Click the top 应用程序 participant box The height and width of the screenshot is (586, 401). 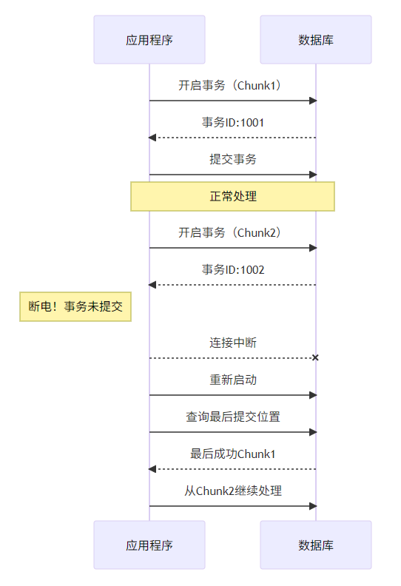pyautogui.click(x=149, y=39)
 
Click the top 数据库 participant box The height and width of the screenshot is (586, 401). pyautogui.click(x=316, y=39)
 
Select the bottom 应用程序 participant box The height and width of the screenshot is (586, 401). pyautogui.click(x=149, y=545)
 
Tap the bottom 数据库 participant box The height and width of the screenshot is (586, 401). pyautogui.click(x=316, y=545)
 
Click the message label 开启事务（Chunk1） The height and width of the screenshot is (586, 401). pyautogui.click(x=233, y=85)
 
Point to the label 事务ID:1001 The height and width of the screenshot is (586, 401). pyautogui.click(x=233, y=122)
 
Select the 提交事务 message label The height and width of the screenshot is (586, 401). pyautogui.click(x=233, y=159)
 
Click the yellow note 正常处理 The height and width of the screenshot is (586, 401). pyautogui.click(x=233, y=196)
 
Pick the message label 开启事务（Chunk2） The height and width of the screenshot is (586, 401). pyautogui.click(x=233, y=232)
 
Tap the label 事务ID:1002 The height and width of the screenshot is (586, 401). pyautogui.click(x=233, y=269)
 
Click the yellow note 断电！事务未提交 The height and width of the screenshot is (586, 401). pyautogui.click(x=75, y=306)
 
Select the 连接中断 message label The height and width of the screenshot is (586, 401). pyautogui.click(x=233, y=343)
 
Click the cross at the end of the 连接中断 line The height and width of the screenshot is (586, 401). pyautogui.click(x=315, y=358)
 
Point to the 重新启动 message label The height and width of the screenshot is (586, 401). pyautogui.click(x=233, y=380)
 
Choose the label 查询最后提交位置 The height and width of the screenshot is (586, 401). pyautogui.click(x=233, y=417)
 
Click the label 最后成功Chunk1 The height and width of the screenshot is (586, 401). pyautogui.click(x=233, y=454)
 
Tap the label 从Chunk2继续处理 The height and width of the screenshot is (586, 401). pyautogui.click(x=233, y=491)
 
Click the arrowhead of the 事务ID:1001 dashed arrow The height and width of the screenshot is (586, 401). pyautogui.click(x=152, y=138)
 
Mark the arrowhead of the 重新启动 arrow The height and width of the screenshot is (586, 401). pyautogui.click(x=313, y=395)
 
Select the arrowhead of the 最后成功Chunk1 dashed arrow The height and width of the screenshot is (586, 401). pyautogui.click(x=152, y=469)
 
